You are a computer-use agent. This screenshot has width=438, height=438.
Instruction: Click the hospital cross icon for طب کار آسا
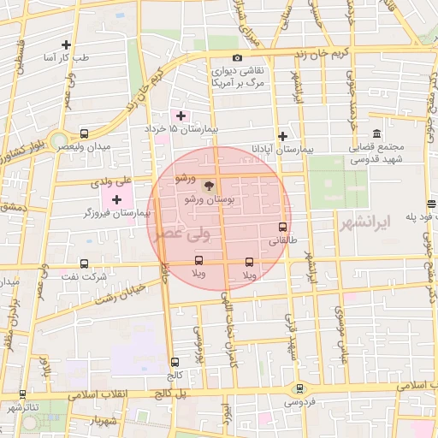click(67, 44)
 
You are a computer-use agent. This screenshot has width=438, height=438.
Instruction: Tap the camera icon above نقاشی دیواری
click(237, 57)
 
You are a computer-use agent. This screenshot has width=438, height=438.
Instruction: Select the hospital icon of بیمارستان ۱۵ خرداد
click(181, 115)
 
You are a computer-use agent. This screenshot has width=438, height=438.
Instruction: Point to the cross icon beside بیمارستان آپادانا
click(282, 135)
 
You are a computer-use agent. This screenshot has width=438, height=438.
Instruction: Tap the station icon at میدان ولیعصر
click(84, 133)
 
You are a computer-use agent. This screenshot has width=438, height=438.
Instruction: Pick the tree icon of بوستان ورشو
click(209, 184)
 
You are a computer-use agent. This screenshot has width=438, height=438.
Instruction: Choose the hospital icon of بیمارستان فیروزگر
click(116, 198)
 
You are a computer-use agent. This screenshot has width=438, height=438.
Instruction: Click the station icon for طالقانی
click(282, 227)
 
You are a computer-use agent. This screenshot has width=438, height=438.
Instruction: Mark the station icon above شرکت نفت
click(84, 263)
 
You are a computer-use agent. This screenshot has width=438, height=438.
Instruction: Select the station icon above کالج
click(175, 362)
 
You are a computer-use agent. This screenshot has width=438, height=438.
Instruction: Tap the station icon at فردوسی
click(299, 388)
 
